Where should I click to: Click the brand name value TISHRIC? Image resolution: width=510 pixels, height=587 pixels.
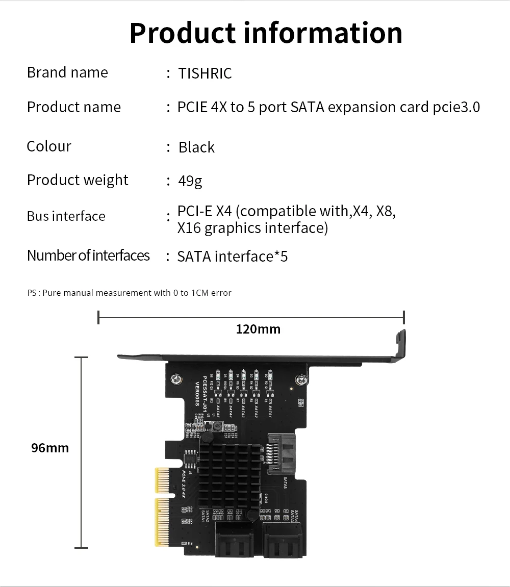(205, 73)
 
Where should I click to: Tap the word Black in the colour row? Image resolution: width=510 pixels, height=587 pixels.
(196, 147)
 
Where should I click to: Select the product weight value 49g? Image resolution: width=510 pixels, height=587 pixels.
(190, 181)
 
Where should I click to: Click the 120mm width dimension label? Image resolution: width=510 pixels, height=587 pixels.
(258, 329)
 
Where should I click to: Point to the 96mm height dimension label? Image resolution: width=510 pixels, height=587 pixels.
(50, 448)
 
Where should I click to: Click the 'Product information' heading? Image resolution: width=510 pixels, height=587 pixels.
(266, 33)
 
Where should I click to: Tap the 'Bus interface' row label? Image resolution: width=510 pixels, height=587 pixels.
(66, 216)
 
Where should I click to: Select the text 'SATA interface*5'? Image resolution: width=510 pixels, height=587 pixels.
(232, 256)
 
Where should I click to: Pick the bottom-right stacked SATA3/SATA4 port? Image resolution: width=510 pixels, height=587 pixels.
(282, 538)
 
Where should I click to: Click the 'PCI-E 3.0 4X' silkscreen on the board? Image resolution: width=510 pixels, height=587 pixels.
(185, 485)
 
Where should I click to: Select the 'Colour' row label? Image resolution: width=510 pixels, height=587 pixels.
(49, 146)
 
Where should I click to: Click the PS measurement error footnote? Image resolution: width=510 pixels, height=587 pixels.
(130, 293)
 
